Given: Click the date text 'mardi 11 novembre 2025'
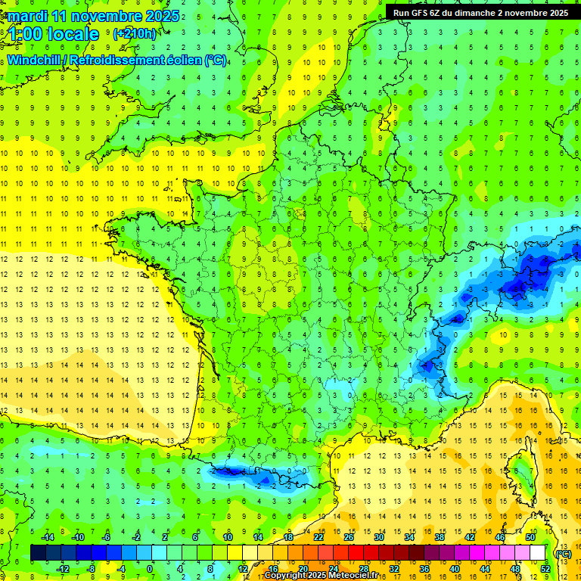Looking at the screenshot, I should [x=94, y=16].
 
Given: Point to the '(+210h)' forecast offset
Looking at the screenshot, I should [x=135, y=33].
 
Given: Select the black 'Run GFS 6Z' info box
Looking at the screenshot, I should [x=482, y=12].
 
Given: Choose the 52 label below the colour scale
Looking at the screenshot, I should [x=545, y=568].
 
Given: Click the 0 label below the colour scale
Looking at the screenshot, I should [x=150, y=568].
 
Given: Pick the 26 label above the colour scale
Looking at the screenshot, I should [x=349, y=536].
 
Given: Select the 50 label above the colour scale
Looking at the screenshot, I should [x=530, y=536].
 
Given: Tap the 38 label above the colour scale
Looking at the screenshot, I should [x=440, y=536].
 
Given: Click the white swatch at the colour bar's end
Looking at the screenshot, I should [x=538, y=553].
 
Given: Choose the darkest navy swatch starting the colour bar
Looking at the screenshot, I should [x=39, y=553].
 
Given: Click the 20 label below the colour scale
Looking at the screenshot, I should [x=303, y=568].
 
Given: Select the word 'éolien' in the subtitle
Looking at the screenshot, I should [x=183, y=60].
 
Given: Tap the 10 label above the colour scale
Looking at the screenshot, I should [x=227, y=536].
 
